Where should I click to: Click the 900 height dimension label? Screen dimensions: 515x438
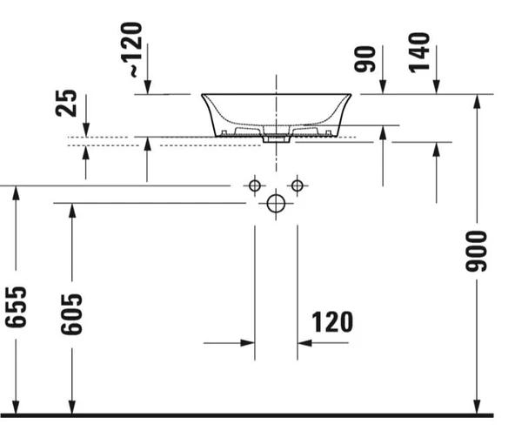click(476, 252)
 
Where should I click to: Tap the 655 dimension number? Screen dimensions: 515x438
click(16, 307)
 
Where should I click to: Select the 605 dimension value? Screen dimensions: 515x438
click(71, 314)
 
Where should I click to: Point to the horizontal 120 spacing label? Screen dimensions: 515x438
click(332, 322)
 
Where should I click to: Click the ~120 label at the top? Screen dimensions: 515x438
click(132, 50)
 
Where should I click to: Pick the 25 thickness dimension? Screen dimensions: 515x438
click(66, 103)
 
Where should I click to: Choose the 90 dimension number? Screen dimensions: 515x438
click(365, 59)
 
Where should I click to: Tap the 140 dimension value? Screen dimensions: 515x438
click(419, 52)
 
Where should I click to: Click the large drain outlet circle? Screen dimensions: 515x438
click(276, 204)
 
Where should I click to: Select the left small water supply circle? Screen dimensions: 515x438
click(255, 185)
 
